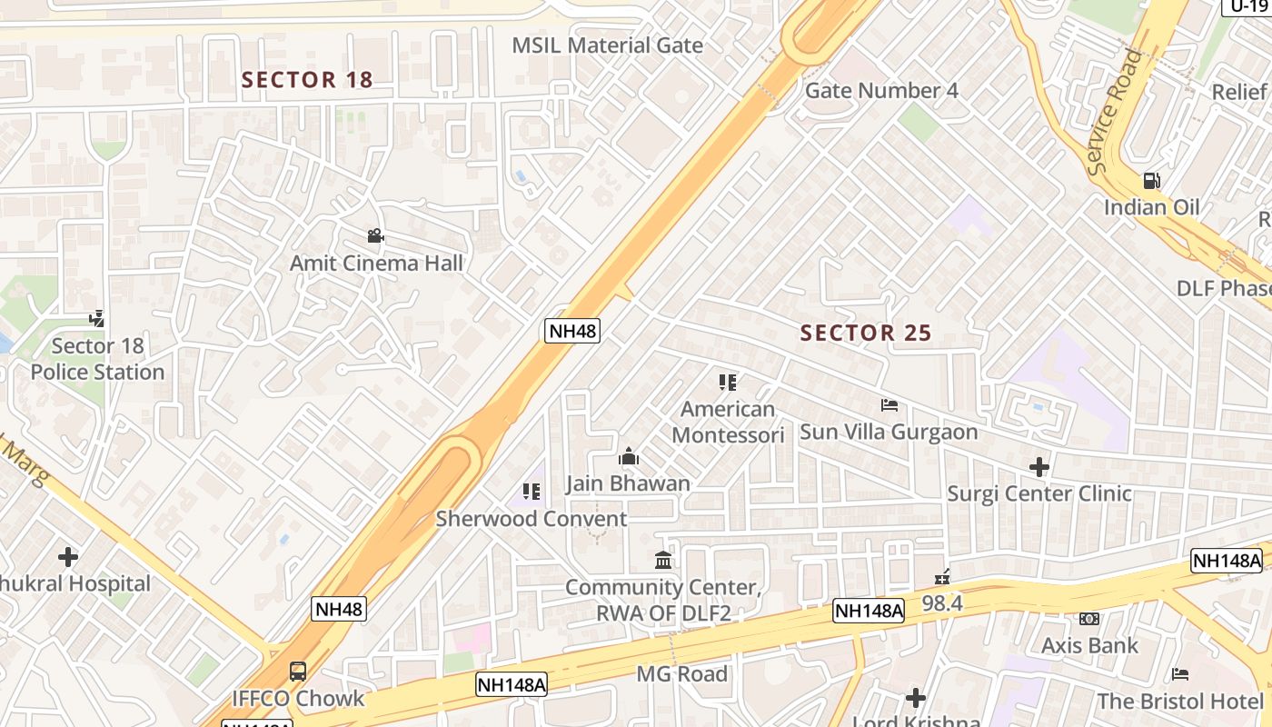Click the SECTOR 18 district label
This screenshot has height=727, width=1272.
[307, 80]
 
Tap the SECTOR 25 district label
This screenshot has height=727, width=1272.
[866, 334]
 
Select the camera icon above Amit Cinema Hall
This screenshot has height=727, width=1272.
[375, 236]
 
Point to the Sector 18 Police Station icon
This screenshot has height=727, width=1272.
[97, 319]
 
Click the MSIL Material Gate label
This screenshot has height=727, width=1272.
[607, 45]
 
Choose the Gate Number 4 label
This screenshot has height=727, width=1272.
[881, 91]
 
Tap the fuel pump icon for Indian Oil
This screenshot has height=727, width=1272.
[1151, 181]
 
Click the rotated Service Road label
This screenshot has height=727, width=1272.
[1115, 113]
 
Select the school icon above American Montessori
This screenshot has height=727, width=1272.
[727, 383]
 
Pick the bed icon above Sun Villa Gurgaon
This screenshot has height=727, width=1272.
[889, 405]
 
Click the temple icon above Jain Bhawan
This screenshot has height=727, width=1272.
[628, 457]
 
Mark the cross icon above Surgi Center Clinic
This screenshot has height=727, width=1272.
[1039, 468]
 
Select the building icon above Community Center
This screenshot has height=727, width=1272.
[663, 560]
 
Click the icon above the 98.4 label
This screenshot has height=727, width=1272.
[942, 577]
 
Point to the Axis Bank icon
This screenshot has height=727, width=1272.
[1089, 620]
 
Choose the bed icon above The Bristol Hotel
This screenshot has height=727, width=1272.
[1179, 674]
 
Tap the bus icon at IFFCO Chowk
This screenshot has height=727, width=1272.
[298, 672]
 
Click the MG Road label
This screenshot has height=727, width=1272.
[681, 674]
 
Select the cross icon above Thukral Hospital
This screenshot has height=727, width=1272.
[68, 556]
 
